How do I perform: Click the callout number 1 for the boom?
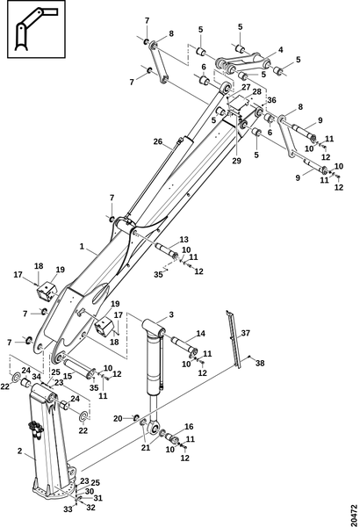[x=82, y=246]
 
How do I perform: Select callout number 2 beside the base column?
[x=19, y=451]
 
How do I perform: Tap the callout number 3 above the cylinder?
[x=171, y=314]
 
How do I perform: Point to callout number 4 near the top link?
[x=280, y=50]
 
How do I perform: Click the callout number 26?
[x=158, y=141]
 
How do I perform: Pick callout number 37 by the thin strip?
[x=246, y=333]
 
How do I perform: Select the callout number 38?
[x=260, y=363]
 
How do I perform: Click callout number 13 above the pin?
[x=184, y=240]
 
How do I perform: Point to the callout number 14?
[x=200, y=334]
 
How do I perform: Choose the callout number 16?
[x=189, y=427]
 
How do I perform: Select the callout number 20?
[x=118, y=418]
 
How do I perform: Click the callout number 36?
[x=271, y=100]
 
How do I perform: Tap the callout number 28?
[x=256, y=91]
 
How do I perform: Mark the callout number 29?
[x=237, y=161]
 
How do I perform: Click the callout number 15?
[x=68, y=376]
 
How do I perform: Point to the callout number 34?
[x=37, y=376]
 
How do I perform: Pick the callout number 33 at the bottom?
[x=68, y=509]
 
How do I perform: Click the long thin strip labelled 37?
[x=234, y=339]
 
